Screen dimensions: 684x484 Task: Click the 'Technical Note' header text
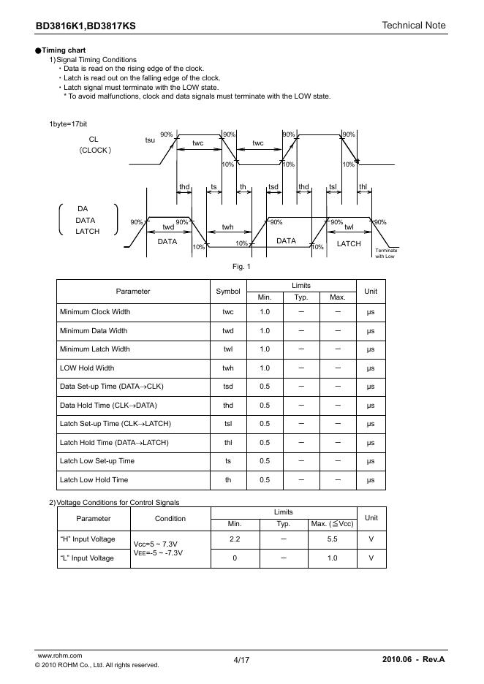413,26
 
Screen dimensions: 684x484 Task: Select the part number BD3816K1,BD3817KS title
86,26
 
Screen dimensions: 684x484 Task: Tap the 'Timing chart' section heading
64,50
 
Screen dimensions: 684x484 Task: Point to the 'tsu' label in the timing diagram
150,139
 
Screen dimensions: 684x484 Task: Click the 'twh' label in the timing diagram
228,227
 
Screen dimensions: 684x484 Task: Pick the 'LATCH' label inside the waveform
349,243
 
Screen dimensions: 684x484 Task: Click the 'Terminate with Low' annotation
386,254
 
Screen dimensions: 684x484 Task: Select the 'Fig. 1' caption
241,266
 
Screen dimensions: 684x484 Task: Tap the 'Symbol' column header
228,291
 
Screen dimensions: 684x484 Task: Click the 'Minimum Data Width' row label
94,330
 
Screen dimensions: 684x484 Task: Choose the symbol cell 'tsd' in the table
228,387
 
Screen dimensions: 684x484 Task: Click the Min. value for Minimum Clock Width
265,312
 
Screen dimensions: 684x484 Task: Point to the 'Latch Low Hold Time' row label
94,480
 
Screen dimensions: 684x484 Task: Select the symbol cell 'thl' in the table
228,443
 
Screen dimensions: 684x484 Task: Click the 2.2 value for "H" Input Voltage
235,539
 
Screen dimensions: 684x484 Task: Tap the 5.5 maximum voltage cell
332,539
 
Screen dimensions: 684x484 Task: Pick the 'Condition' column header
170,518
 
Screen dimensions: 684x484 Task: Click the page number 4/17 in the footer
241,660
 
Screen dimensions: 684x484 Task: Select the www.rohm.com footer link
59,655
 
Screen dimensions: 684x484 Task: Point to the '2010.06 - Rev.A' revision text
413,660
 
